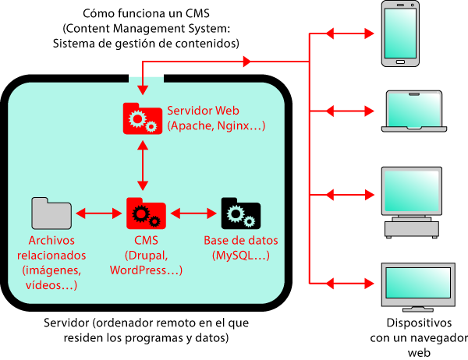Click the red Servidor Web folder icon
[143, 118]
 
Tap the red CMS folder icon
[146, 213]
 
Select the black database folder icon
[240, 213]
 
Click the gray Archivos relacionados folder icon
[51, 213]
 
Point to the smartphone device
[400, 34]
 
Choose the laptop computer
[414, 111]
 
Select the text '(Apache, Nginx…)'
[216, 125]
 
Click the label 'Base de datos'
[240, 240]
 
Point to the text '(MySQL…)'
[240, 255]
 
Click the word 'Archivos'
[51, 240]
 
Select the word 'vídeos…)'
[51, 285]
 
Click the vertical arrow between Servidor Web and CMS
[143, 166]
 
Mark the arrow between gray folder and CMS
[97, 213]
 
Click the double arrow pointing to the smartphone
[349, 34]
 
